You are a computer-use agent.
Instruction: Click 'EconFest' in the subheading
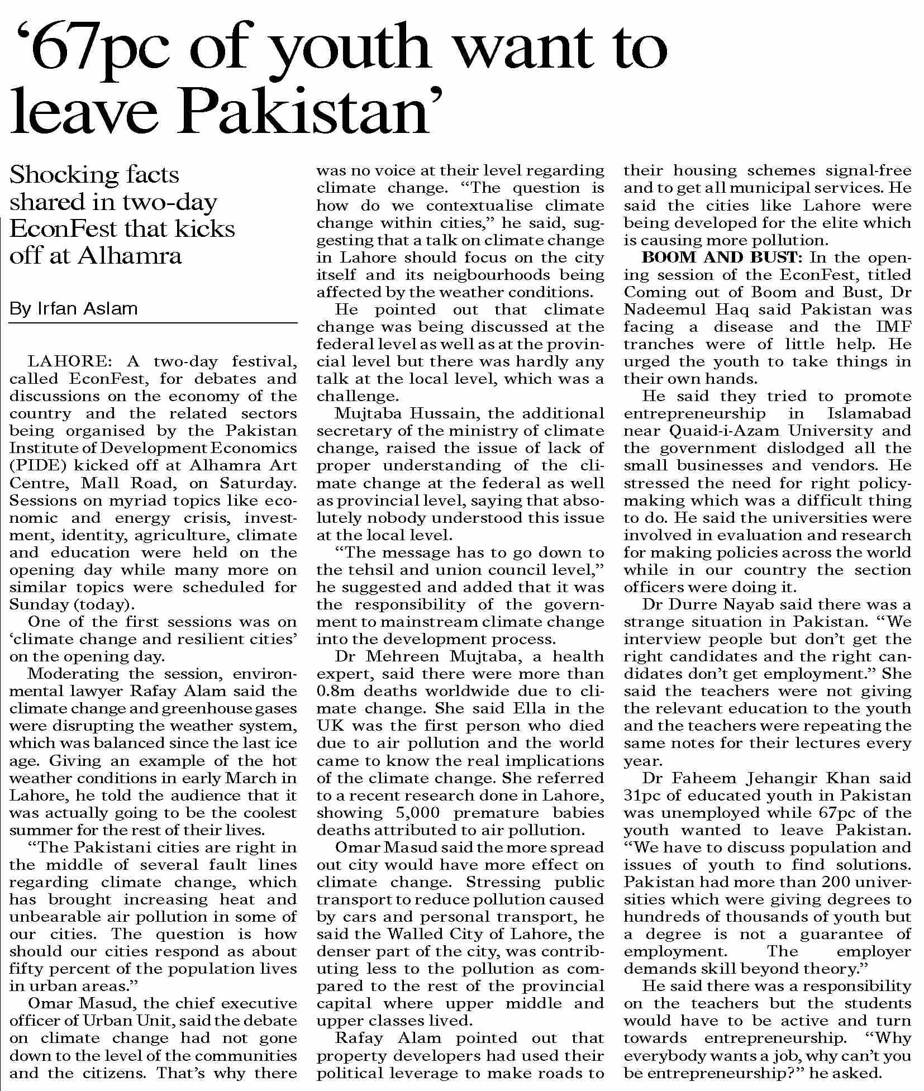63,229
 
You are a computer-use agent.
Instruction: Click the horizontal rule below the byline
153,323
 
